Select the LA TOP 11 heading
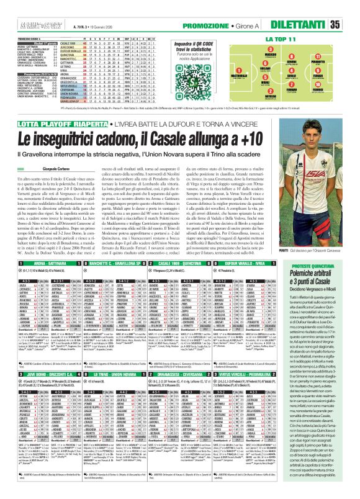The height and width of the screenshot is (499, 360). tap(278, 39)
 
